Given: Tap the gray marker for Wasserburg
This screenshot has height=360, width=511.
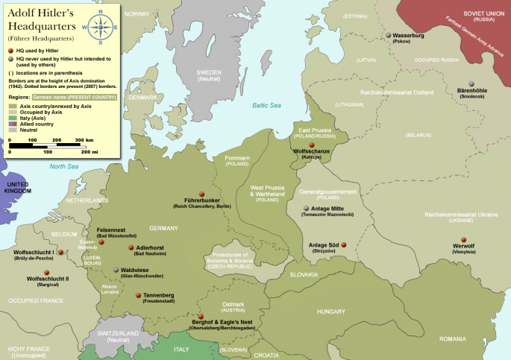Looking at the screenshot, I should (x=388, y=35).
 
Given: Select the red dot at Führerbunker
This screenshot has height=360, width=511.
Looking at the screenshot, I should (x=201, y=194).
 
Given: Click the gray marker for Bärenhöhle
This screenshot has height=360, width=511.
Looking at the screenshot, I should (x=471, y=84).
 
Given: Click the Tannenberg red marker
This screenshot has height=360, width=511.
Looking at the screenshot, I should (x=138, y=295).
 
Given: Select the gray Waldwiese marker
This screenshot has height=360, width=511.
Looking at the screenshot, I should (x=116, y=271).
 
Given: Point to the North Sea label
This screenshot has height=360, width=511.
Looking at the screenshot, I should (x=64, y=167).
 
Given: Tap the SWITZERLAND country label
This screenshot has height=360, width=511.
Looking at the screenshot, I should (x=119, y=332).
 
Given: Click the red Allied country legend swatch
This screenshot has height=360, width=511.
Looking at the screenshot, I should (x=13, y=122).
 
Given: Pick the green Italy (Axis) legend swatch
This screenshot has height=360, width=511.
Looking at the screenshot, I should (x=13, y=117).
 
